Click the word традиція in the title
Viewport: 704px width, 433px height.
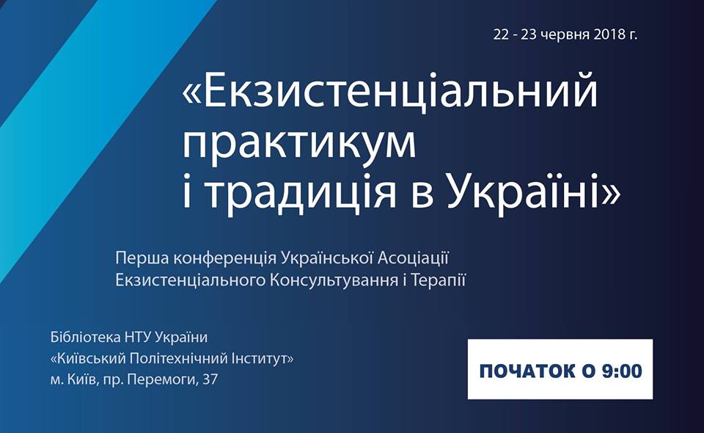point(301,192)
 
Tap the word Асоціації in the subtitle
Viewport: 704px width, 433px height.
point(413,258)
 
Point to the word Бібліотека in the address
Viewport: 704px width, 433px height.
point(85,337)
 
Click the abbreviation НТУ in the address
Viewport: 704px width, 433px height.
point(137,337)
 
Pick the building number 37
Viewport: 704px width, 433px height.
point(210,379)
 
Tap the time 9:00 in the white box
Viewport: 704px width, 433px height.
point(622,371)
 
